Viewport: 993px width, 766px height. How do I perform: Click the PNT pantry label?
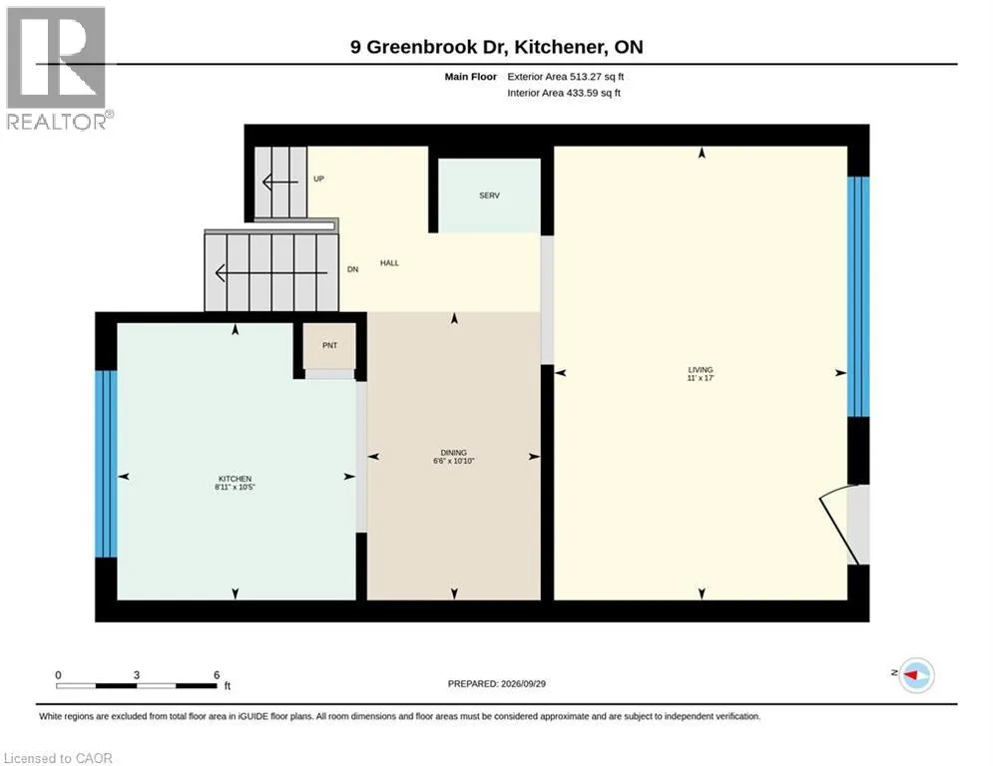[330, 346]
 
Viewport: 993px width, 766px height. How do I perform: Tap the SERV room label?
[490, 195]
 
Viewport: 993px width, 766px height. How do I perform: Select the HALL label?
[389, 262]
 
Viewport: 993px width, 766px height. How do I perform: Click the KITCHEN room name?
[235, 479]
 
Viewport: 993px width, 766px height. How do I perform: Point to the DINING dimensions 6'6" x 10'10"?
[453, 461]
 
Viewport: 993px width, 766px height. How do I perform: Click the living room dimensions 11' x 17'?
[701, 378]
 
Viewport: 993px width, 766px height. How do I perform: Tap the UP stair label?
[318, 179]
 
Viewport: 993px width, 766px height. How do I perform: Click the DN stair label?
[352, 269]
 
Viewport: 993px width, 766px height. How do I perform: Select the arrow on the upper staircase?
[279, 183]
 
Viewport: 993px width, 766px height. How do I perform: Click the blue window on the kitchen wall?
[106, 464]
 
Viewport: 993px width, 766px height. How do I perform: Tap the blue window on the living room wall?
[858, 297]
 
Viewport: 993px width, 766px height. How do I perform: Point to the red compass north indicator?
[911, 675]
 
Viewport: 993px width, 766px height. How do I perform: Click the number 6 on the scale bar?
[217, 675]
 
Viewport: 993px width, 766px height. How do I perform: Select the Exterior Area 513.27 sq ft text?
[566, 77]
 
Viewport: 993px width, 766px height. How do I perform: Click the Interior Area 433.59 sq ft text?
[564, 93]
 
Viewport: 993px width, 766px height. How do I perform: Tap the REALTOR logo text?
[56, 122]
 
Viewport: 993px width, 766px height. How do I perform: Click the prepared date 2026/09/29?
[523, 683]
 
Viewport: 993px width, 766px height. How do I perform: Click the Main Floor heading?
[470, 77]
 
